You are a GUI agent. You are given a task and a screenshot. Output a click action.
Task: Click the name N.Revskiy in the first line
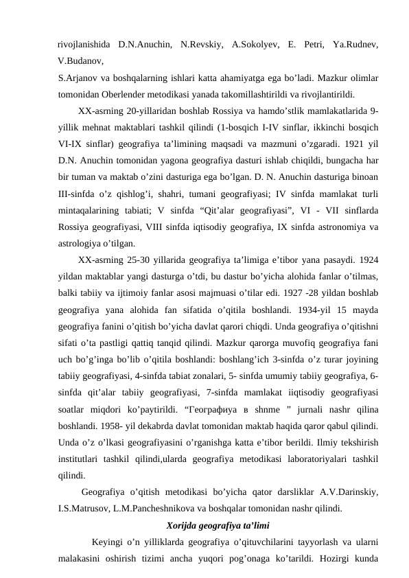(200, 45)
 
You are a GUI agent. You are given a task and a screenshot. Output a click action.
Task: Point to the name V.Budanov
(82, 60)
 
